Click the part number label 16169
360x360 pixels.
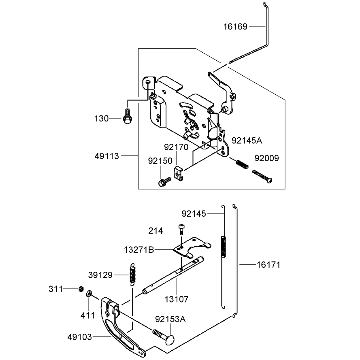coord(235,27)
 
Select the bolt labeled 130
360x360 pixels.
coord(128,116)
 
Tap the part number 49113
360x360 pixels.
coord(107,156)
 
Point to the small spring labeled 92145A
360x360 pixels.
coord(242,164)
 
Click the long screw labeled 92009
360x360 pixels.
coord(262,176)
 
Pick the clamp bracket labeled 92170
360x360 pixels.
coord(179,174)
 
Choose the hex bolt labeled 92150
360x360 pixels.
coord(164,181)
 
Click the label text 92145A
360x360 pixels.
coord(247,141)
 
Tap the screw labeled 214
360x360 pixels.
coord(181,229)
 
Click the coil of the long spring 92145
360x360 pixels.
coord(223,246)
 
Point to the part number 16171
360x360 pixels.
coord(268,265)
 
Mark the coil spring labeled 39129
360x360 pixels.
coord(132,274)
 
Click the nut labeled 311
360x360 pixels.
coord(81,289)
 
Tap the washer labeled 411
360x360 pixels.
coord(89,294)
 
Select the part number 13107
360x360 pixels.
coord(177,299)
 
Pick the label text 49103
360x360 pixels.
coord(79,337)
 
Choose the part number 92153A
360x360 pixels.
coord(170,319)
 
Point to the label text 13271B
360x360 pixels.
coord(139,250)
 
